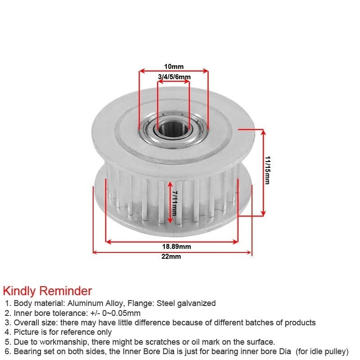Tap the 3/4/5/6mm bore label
pos(174,77)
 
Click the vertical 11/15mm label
pos(268,170)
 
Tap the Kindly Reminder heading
pos(47,291)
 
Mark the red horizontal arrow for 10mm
pos(174,71)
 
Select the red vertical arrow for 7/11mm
pos(170,202)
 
